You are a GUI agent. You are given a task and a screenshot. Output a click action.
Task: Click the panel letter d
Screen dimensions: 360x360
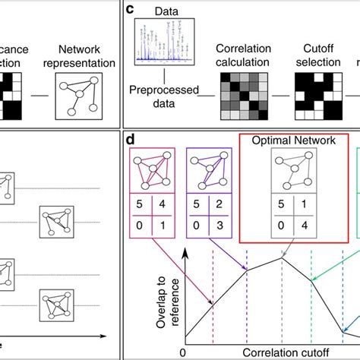tap(131, 141)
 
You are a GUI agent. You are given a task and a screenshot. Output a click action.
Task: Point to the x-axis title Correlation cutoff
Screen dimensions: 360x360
tap(269, 353)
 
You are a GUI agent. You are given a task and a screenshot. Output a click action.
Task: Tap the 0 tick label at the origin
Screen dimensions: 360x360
tap(182, 353)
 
